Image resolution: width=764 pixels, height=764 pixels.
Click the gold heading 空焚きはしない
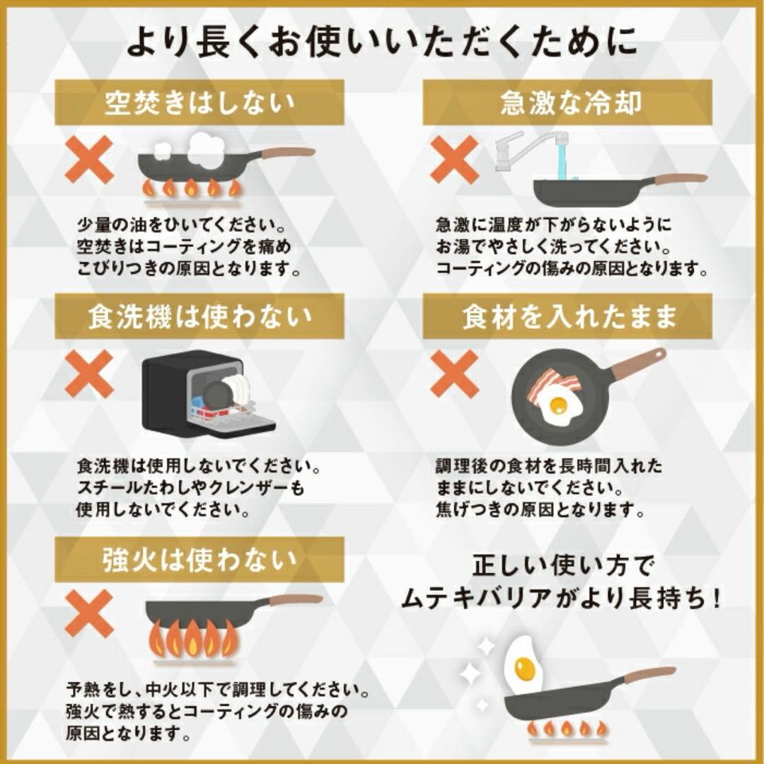pos(199,103)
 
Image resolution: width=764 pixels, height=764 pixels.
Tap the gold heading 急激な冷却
pos(570,103)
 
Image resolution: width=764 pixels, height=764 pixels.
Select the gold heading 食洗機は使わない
pos(199,317)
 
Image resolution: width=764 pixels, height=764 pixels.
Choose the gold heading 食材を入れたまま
pos(570,317)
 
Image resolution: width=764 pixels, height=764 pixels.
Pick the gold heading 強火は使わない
pos(199,560)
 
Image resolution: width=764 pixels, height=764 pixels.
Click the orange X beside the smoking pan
pos(89,160)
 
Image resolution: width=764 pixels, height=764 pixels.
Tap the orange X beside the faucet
pos(454,160)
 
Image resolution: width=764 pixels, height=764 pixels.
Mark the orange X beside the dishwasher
pos(89,374)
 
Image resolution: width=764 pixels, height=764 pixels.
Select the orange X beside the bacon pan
pos(454,374)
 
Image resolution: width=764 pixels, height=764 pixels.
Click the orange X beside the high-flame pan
pos(89,613)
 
